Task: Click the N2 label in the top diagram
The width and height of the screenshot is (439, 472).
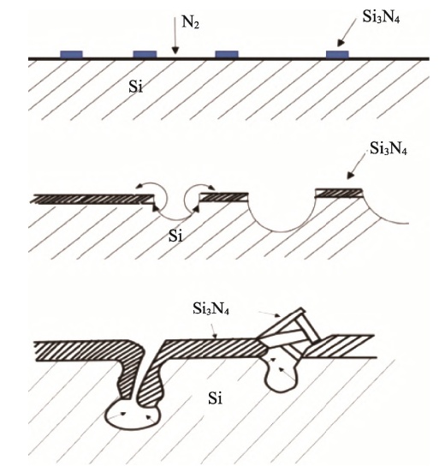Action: point(190,22)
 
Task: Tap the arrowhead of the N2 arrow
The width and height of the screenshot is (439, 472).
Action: point(175,51)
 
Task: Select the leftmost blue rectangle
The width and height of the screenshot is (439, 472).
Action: point(71,54)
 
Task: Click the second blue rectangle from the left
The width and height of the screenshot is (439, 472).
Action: point(145,54)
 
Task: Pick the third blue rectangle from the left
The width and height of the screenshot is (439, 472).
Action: point(227,54)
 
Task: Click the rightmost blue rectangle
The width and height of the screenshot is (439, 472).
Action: point(337,54)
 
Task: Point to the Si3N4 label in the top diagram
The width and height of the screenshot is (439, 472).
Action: point(381,17)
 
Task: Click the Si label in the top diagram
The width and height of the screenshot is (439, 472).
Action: point(135,87)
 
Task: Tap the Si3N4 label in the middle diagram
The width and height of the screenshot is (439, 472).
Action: point(389,148)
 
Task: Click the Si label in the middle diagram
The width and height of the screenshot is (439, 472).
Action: point(175,236)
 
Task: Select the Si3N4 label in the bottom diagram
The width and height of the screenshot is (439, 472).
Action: point(211,308)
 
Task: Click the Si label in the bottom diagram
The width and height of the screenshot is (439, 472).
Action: point(216,398)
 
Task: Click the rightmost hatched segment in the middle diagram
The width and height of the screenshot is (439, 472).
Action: point(339,193)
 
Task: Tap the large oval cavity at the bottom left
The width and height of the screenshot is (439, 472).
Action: point(133,413)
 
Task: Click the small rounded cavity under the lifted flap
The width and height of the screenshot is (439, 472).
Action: point(280,376)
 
